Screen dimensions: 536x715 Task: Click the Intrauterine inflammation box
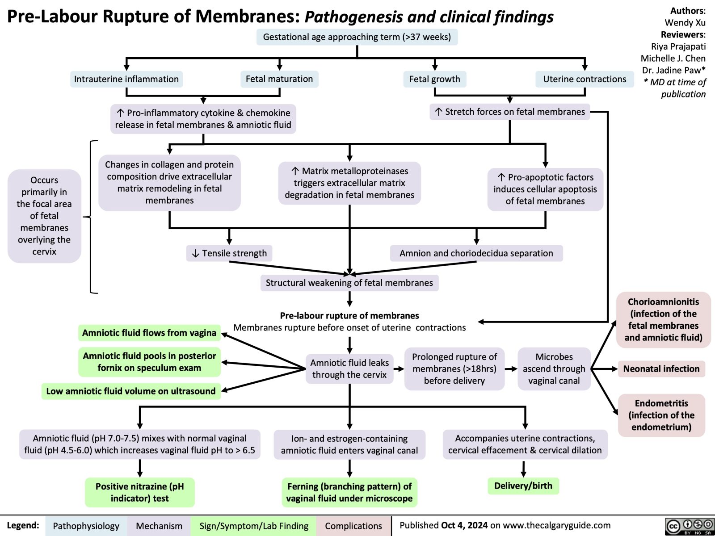coord(126,79)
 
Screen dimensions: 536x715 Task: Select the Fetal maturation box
coord(279,79)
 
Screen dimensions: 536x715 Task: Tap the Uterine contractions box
coord(585,79)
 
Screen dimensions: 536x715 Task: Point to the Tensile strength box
coord(230,253)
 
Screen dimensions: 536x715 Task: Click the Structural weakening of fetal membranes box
coord(349,283)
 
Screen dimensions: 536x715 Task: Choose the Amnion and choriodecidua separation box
coord(476,253)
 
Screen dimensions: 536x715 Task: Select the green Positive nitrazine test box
coord(140,492)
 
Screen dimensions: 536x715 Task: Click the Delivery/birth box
coord(523,486)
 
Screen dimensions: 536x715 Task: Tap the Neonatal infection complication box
coord(661,368)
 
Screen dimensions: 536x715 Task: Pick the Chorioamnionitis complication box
coord(663,319)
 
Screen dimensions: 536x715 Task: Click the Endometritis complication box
coord(661,415)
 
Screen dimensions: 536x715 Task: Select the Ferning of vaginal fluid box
coord(349,492)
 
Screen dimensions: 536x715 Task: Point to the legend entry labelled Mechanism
coord(159,526)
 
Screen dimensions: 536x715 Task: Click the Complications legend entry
coord(353,526)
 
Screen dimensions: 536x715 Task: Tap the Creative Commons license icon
coord(689,526)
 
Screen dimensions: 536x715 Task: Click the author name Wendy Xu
coord(685,22)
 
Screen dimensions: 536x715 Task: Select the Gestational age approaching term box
coord(357,37)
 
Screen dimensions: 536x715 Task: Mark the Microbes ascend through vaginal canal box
coord(554,368)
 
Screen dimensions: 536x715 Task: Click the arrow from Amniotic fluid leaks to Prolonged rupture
coord(399,369)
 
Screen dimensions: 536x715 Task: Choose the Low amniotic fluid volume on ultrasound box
coord(131,391)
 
